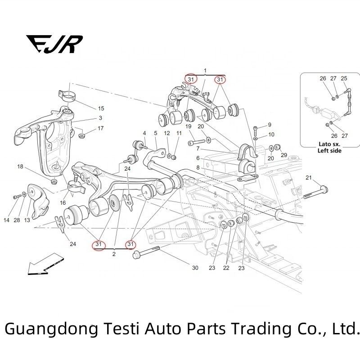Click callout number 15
101,108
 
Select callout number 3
100,118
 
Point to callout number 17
101,128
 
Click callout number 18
20,167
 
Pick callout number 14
6,220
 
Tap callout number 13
27,220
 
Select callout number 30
195,268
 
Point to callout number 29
283,155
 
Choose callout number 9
270,125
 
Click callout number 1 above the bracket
205,71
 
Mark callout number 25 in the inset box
344,79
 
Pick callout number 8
197,167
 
